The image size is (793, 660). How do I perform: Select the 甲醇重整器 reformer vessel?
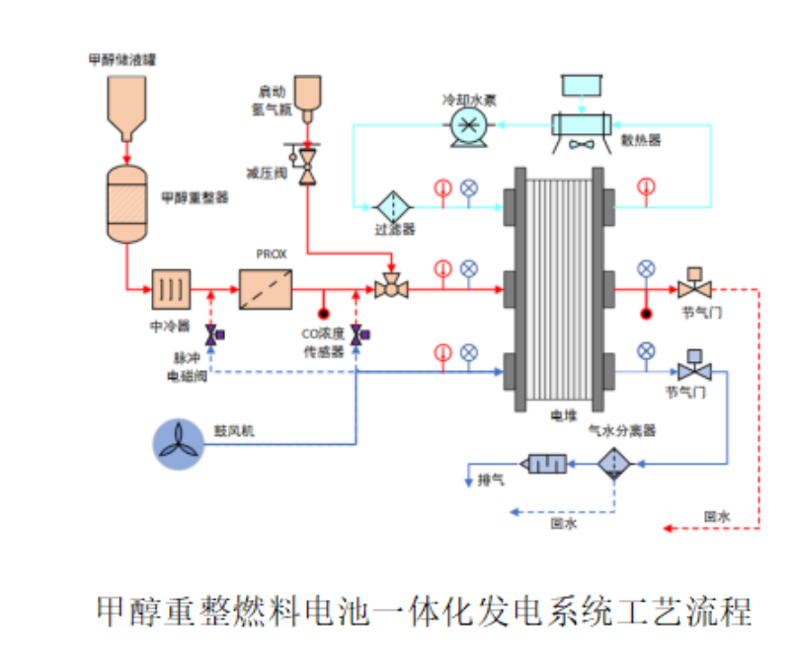tap(125, 204)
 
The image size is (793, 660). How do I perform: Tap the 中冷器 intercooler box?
tap(171, 290)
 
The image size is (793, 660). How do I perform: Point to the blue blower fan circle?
tap(179, 442)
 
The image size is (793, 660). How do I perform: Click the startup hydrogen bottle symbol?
tap(310, 95)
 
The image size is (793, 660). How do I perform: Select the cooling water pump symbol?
tap(468, 125)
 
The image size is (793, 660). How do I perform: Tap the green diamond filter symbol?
tap(392, 207)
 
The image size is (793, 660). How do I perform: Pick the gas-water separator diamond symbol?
tap(613, 464)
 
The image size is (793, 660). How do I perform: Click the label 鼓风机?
tap(229, 431)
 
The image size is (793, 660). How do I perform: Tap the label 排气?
tap(491, 479)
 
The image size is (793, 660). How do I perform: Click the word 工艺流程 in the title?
tap(687, 611)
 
